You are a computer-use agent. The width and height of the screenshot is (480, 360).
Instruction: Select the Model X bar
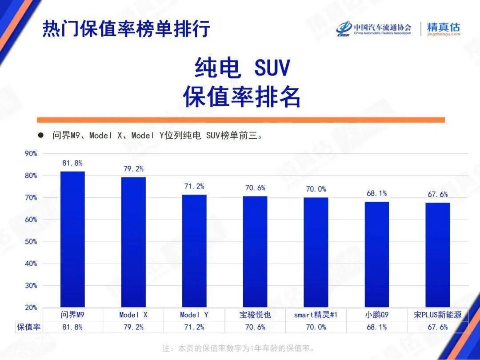pos(133,242)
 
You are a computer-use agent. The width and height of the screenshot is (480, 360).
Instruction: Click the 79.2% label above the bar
pos(133,169)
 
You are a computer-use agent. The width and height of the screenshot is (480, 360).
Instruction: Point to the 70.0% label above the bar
pos(316,189)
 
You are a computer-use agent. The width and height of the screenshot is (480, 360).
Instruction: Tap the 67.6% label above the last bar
pos(437,194)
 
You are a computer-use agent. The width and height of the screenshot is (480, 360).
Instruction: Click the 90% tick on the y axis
pos(31,154)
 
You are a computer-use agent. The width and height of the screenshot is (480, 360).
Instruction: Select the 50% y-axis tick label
pos(31,242)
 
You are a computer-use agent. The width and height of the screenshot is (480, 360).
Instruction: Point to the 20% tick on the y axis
pos(31,308)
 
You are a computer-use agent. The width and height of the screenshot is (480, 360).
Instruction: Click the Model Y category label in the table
pos(194,315)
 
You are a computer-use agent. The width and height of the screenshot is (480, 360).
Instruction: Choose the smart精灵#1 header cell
pos(316,315)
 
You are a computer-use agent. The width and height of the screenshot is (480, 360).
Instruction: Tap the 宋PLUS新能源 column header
pos(437,315)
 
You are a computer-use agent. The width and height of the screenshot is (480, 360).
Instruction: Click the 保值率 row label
pos(29,327)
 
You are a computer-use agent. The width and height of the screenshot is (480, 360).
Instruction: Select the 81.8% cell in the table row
pos(72,327)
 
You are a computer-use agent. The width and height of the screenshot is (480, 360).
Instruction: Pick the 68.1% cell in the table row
pos(376,327)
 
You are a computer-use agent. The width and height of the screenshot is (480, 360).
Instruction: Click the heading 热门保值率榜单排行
pos(126,29)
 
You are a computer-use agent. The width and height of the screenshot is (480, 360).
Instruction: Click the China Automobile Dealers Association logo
pos(373,29)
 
